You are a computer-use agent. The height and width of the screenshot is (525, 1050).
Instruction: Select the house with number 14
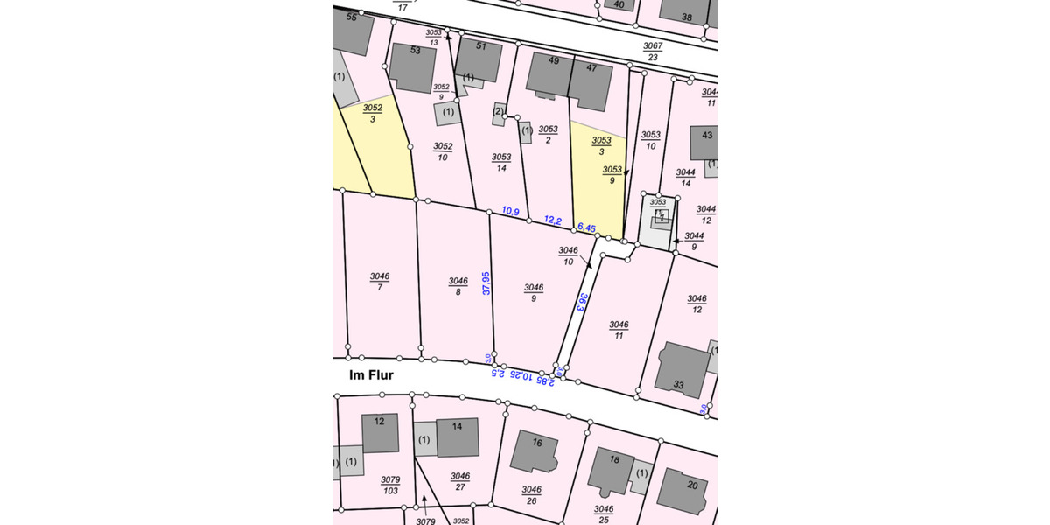457,437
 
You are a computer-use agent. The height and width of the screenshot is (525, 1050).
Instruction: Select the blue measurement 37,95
486,283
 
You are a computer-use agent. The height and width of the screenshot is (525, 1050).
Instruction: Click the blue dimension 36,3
581,303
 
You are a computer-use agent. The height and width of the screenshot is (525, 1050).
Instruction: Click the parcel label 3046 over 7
380,282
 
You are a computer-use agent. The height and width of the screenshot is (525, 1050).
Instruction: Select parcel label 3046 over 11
619,329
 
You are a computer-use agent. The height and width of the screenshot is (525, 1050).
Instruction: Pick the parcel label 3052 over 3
373,113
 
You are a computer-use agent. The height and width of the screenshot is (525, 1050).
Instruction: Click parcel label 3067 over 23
653,52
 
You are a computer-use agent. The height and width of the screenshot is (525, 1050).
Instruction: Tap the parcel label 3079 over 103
390,486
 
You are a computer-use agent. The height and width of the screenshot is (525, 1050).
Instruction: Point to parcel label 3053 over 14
501,162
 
